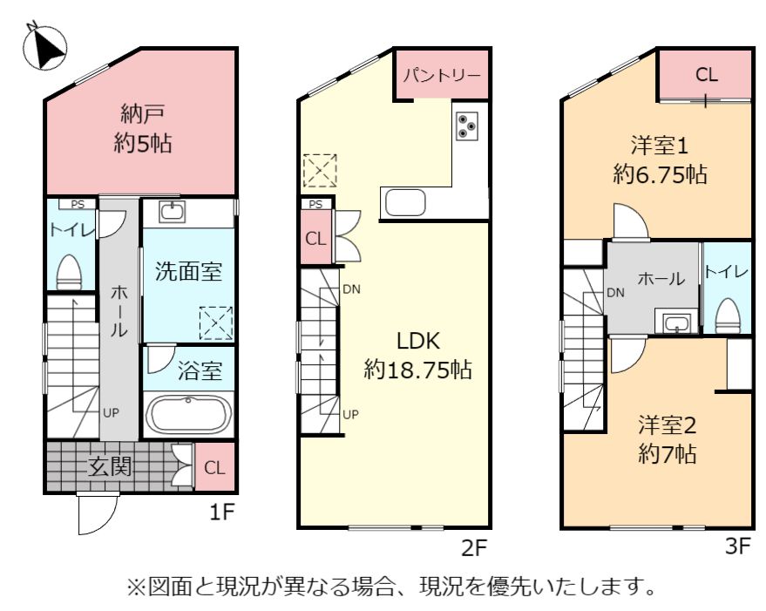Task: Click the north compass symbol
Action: tap(44, 47)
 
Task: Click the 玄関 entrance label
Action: tap(110, 466)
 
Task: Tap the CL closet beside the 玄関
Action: tap(214, 467)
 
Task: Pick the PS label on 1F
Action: tap(78, 204)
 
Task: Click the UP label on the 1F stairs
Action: tap(111, 413)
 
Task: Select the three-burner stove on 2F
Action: tap(466, 126)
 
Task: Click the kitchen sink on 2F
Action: tap(405, 202)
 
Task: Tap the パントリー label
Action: tap(442, 76)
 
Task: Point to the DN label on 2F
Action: tap(351, 289)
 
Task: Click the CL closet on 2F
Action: tap(315, 239)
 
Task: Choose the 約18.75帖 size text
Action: tap(417, 370)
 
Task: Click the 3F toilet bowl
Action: tap(728, 316)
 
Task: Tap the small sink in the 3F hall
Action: tap(676, 323)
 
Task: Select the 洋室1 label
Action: tap(660, 146)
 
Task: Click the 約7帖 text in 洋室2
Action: tap(668, 455)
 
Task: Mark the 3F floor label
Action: tap(737, 546)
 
